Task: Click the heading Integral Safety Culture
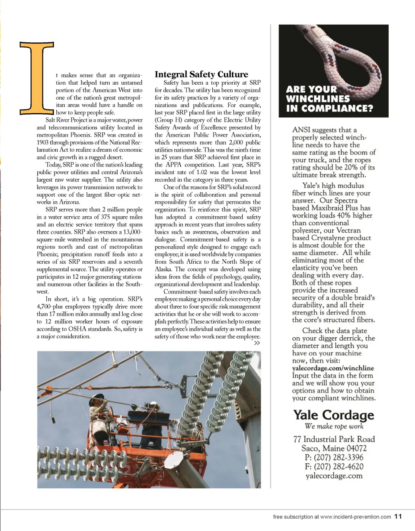point(201,74)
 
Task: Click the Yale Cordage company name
point(334,415)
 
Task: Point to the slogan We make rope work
point(334,426)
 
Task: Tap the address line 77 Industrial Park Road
point(334,439)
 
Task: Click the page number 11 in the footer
point(398,516)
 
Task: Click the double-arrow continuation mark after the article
point(257,343)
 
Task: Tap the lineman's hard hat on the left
point(96,397)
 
